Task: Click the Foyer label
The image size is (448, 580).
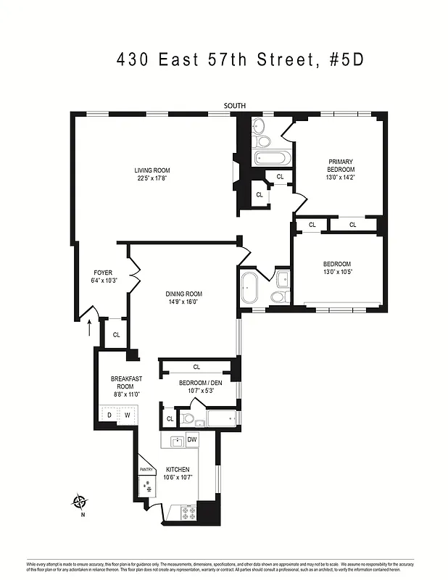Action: pos(104,273)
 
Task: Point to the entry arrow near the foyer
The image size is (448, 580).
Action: pos(90,328)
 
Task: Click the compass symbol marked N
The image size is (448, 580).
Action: pos(80,502)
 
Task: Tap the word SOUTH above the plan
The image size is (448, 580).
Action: pos(234,106)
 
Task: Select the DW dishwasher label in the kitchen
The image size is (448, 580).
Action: pos(192,440)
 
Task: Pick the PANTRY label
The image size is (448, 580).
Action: pos(146,470)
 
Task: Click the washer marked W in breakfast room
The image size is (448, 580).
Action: pos(127,415)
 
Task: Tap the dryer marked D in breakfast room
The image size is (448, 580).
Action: pos(109,415)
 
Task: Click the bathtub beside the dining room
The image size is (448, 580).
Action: pos(249,289)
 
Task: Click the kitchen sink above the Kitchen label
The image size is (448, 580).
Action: pos(176,442)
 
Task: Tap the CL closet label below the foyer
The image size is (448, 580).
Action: pos(116,334)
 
